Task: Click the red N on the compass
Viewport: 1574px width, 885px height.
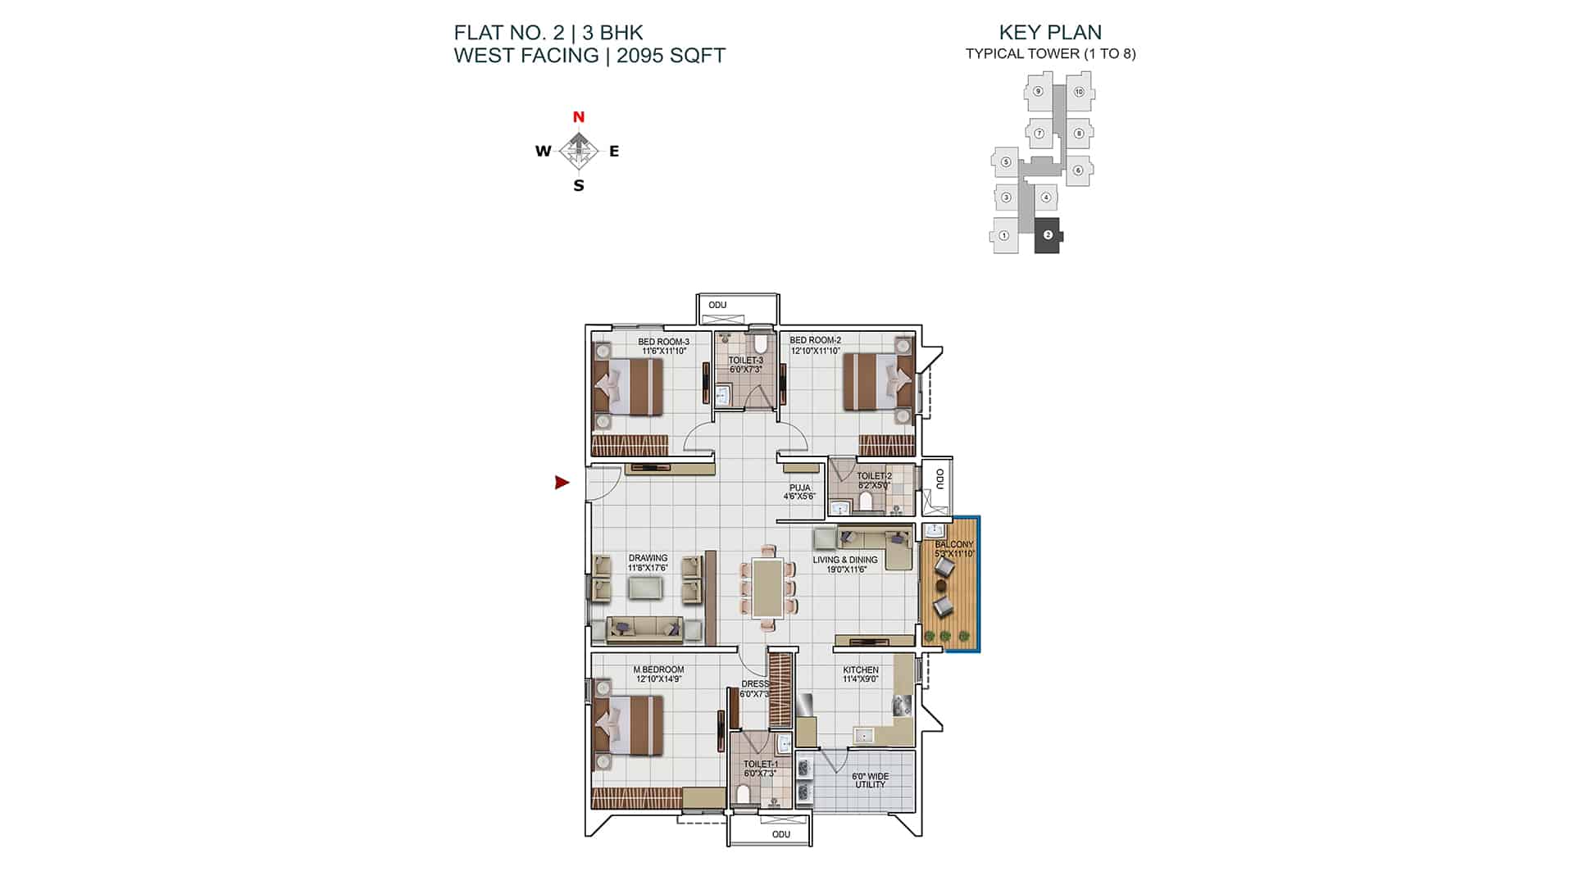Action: pos(579,117)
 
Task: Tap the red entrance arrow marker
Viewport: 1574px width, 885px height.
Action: pos(562,483)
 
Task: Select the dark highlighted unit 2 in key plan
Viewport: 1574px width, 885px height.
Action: pos(1048,235)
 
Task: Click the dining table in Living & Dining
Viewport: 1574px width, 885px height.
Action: pos(767,587)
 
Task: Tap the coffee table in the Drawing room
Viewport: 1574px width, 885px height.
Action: pos(646,588)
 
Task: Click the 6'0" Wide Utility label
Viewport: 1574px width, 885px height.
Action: pos(870,780)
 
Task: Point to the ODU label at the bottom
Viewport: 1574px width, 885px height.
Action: pos(781,834)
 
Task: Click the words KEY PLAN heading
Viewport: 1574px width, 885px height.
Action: pos(1050,32)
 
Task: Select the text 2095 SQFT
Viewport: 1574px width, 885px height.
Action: pos(671,56)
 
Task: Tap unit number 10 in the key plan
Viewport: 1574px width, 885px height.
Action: pos(1079,92)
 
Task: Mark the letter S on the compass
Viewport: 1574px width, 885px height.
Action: pos(579,186)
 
